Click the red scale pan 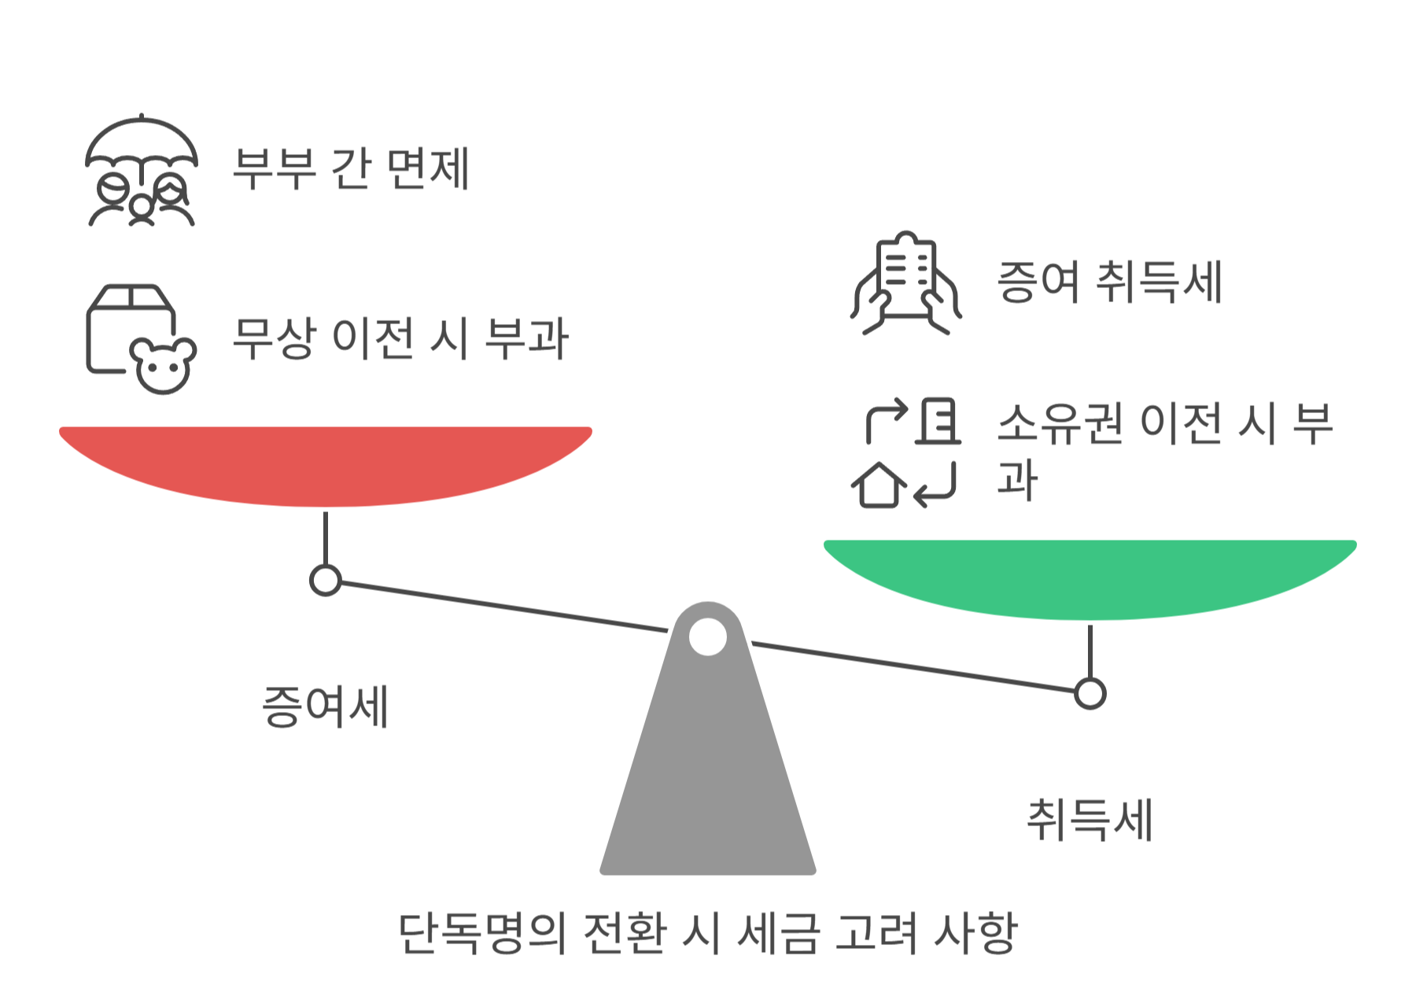point(325,464)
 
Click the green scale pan point(1090,578)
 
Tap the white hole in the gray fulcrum point(707,637)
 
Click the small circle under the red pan point(325,581)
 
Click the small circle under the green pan point(1090,693)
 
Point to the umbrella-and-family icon point(141,171)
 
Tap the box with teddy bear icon point(141,338)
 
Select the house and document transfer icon point(905,452)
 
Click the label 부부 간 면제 point(352,168)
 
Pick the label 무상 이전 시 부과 point(400,338)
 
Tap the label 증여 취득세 point(1109,282)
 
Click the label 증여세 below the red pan point(325,706)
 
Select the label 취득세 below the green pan point(1090,819)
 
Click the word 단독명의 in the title point(481,933)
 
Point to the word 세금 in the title point(778,933)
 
